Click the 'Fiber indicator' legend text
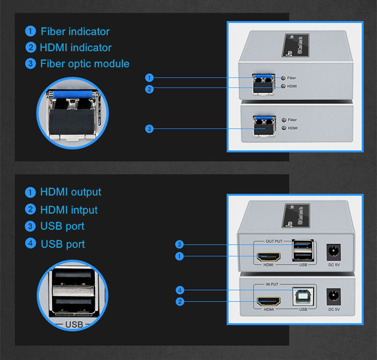(75, 31)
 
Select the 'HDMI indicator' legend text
(76, 48)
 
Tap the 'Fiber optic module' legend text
(84, 64)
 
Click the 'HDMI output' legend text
(70, 192)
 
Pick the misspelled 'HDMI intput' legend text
(69, 210)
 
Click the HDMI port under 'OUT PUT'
(269, 257)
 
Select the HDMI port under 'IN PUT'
(269, 302)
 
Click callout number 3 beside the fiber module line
(149, 129)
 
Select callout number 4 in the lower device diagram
(180, 290)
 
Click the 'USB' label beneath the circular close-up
(73, 325)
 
